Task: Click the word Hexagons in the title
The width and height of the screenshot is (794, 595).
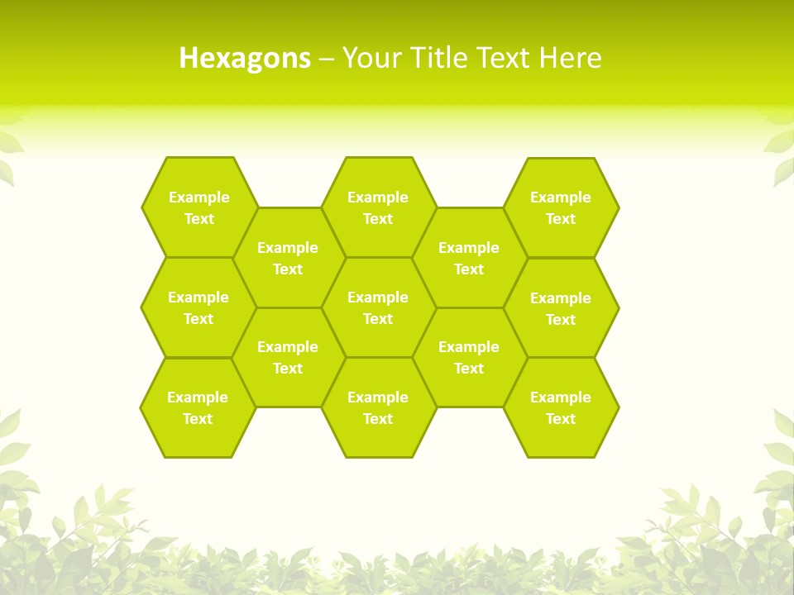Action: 245,58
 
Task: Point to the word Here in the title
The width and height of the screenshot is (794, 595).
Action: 570,58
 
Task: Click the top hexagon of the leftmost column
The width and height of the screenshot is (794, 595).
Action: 198,207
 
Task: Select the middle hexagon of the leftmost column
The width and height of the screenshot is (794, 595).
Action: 198,307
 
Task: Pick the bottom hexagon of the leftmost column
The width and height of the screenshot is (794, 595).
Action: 198,407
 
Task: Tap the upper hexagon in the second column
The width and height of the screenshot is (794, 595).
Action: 288,258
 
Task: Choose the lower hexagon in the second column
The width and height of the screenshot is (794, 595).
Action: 288,357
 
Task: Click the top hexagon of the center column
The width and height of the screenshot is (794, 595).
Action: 378,207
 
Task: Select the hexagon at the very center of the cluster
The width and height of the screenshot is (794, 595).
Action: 378,307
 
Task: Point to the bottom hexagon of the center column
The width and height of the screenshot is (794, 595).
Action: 378,407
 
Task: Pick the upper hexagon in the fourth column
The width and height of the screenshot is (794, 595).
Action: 469,258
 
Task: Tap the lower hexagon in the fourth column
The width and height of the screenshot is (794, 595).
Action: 469,357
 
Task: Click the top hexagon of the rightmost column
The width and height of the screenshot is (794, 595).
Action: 561,207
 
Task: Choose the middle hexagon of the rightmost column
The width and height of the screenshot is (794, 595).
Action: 561,308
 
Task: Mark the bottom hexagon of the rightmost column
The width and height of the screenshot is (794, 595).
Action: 561,407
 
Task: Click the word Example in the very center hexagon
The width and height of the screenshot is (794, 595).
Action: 378,297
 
